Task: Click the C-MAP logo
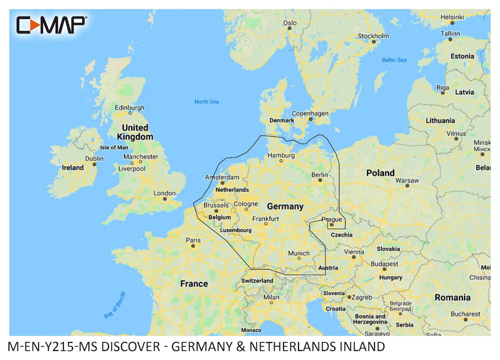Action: click(51, 24)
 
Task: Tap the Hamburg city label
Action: click(281, 155)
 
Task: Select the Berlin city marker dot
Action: click(320, 181)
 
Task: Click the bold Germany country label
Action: click(285, 206)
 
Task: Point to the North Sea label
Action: click(206, 102)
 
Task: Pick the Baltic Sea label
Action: click(394, 60)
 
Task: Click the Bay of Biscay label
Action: click(115, 305)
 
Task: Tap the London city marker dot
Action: click(164, 199)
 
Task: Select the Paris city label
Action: click(193, 240)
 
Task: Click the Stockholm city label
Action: click(373, 36)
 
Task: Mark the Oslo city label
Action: click(290, 23)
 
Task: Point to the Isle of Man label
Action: click(114, 147)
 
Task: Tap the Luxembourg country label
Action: click(235, 230)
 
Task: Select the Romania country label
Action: click(452, 297)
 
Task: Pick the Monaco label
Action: click(251, 330)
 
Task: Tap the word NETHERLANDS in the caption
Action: click(299, 346)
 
